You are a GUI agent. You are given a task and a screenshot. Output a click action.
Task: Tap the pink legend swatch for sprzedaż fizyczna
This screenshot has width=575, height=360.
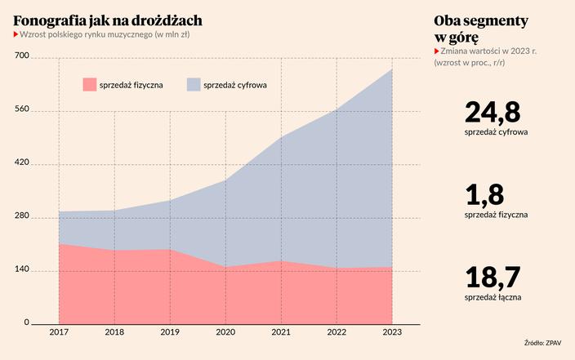[89, 84]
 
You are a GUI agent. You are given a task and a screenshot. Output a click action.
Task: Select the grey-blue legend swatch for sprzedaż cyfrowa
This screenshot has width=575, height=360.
[194, 84]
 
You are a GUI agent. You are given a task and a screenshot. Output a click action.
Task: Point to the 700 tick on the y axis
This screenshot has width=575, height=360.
[21, 56]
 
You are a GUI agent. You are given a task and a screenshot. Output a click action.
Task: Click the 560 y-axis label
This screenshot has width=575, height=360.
[21, 109]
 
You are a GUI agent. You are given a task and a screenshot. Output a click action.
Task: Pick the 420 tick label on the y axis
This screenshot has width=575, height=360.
[21, 163]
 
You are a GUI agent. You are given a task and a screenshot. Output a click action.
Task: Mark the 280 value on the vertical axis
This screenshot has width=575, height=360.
[21, 216]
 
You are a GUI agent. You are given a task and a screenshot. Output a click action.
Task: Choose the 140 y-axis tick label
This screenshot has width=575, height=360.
[21, 269]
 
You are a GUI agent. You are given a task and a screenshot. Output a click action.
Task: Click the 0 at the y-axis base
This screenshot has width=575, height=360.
[26, 322]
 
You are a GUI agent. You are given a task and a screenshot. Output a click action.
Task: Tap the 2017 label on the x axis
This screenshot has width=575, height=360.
[59, 333]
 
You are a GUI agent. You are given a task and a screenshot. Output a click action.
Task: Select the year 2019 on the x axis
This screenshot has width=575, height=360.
[170, 333]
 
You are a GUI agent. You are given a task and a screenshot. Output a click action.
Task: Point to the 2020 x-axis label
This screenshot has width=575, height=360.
[225, 333]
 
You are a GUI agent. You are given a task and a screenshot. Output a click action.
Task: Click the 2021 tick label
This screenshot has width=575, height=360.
[281, 333]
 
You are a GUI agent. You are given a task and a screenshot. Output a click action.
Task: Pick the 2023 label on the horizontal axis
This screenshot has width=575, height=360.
[392, 333]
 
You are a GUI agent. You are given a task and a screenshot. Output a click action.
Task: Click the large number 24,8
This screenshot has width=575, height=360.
[493, 112]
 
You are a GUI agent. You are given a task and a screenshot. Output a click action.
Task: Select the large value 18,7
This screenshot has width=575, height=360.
[492, 278]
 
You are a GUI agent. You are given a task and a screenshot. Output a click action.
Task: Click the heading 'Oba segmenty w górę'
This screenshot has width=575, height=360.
[481, 29]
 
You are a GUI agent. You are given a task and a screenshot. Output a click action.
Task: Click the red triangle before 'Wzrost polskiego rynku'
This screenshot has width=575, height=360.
[16, 35]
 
